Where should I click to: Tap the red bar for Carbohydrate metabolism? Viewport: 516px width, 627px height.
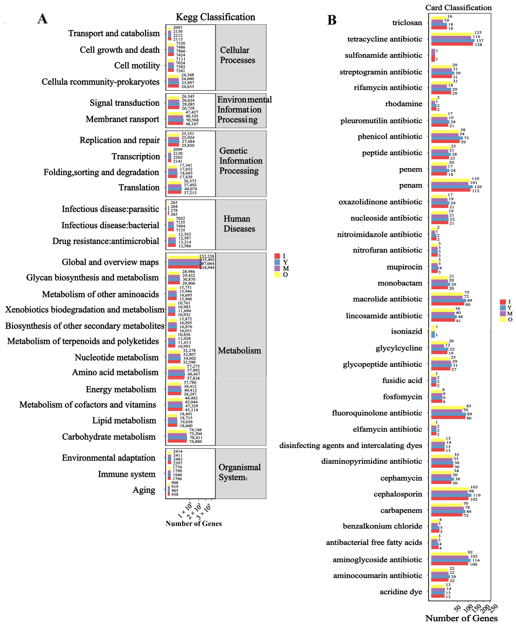(177, 441)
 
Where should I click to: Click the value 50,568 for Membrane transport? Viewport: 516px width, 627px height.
(192, 120)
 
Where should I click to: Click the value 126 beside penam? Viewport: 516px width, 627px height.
(478, 187)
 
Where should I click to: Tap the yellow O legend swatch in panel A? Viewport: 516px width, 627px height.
(277, 275)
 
